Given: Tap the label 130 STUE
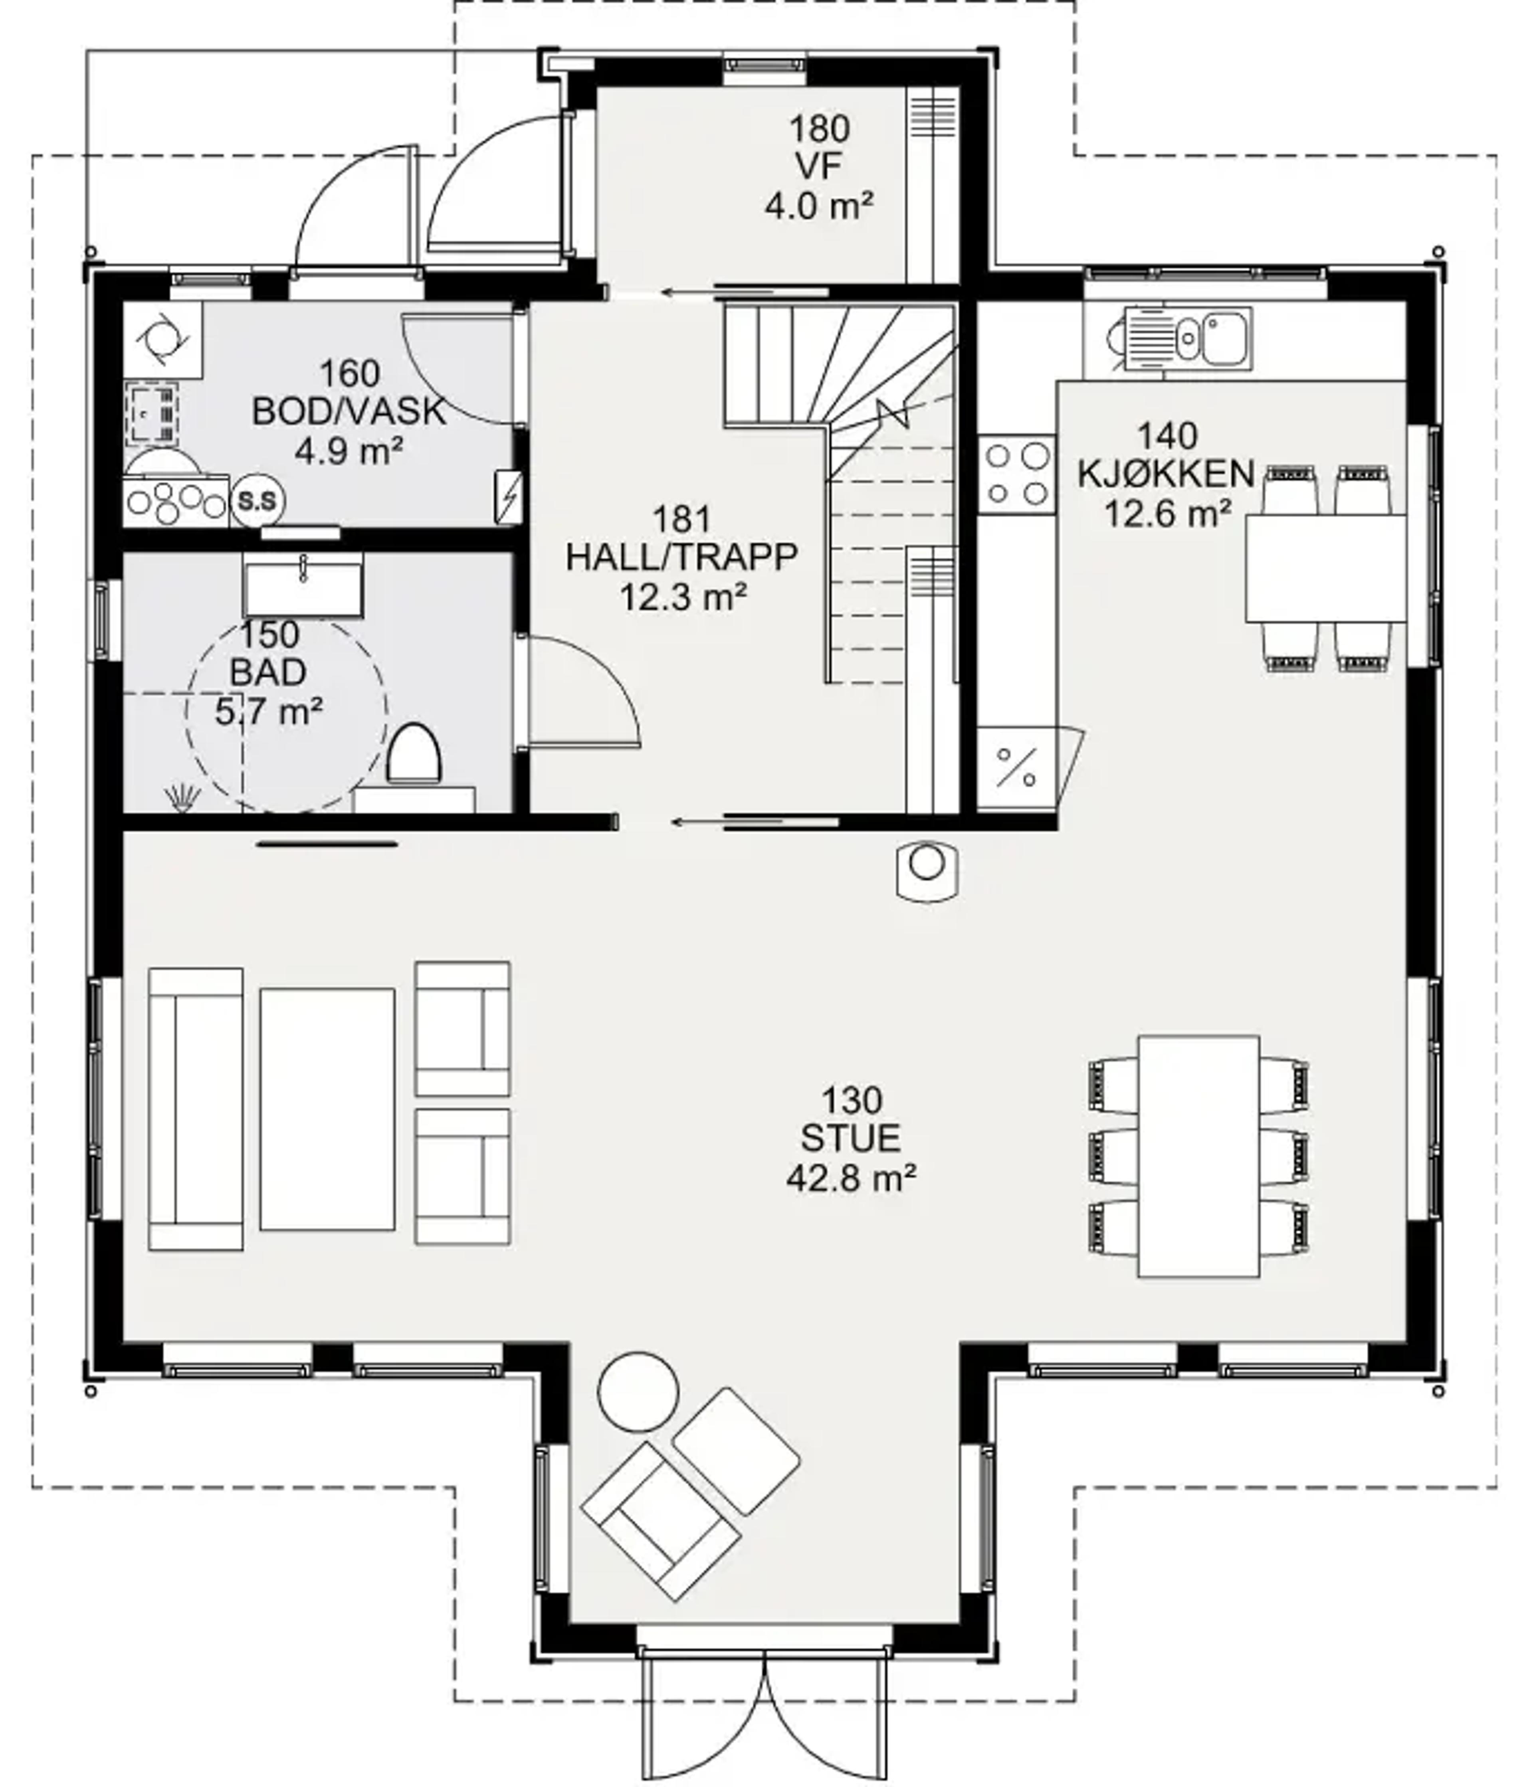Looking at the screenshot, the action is (x=851, y=1119).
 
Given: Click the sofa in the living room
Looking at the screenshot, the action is (x=196, y=1108).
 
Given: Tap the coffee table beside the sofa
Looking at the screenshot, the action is (x=327, y=1109).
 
